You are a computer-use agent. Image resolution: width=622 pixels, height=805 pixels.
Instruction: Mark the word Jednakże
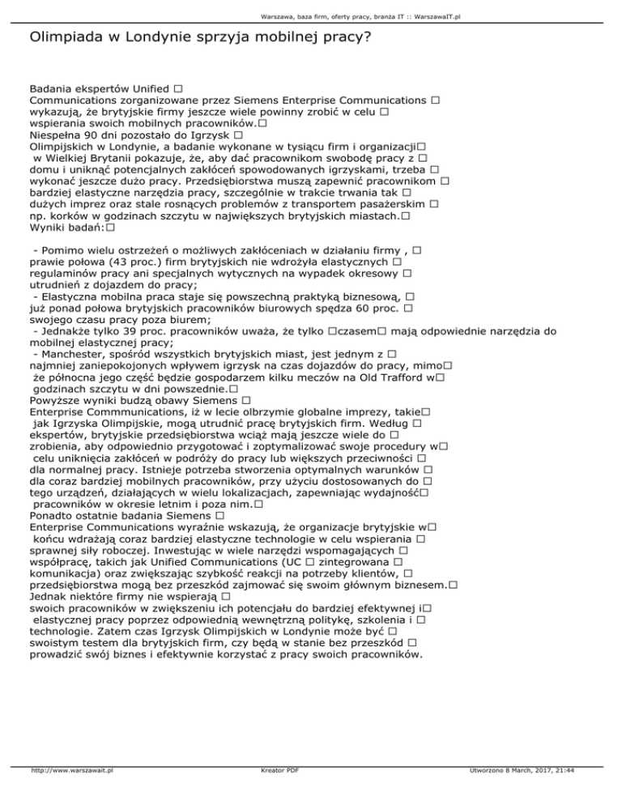coord(59,331)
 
